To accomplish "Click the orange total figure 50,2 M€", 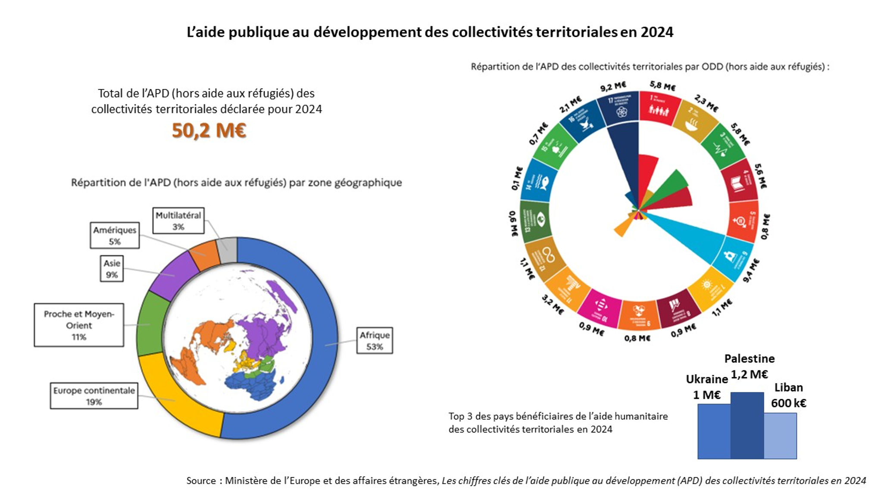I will click(x=209, y=130).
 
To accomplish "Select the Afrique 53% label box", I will click(x=375, y=341).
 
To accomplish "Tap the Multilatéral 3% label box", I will click(x=178, y=221).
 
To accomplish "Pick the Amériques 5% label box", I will click(x=115, y=236).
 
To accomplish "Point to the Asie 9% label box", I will click(x=112, y=269).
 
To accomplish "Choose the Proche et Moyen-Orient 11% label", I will click(x=79, y=325).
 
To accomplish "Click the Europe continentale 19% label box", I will click(x=94, y=396).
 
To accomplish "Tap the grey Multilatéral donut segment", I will click(x=228, y=250).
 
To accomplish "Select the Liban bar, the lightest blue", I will click(x=780, y=435).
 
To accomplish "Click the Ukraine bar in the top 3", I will click(x=714, y=431).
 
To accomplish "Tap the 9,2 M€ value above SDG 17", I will click(x=613, y=87).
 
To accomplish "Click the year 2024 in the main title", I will click(x=656, y=32).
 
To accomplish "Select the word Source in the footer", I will click(x=201, y=481).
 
